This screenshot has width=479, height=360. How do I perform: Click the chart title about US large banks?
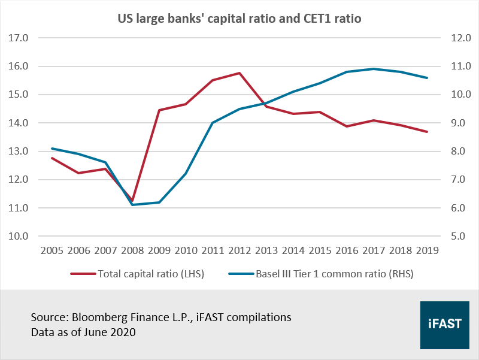[239, 19]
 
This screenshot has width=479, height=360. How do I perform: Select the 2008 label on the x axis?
[132, 250]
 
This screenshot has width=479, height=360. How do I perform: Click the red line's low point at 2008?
[132, 201]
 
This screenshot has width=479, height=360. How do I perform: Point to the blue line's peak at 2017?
[374, 69]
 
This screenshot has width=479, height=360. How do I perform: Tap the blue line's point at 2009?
[159, 202]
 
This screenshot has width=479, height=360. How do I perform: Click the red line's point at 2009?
[159, 110]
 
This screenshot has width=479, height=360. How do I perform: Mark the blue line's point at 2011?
[213, 123]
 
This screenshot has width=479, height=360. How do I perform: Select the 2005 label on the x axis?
[52, 250]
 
